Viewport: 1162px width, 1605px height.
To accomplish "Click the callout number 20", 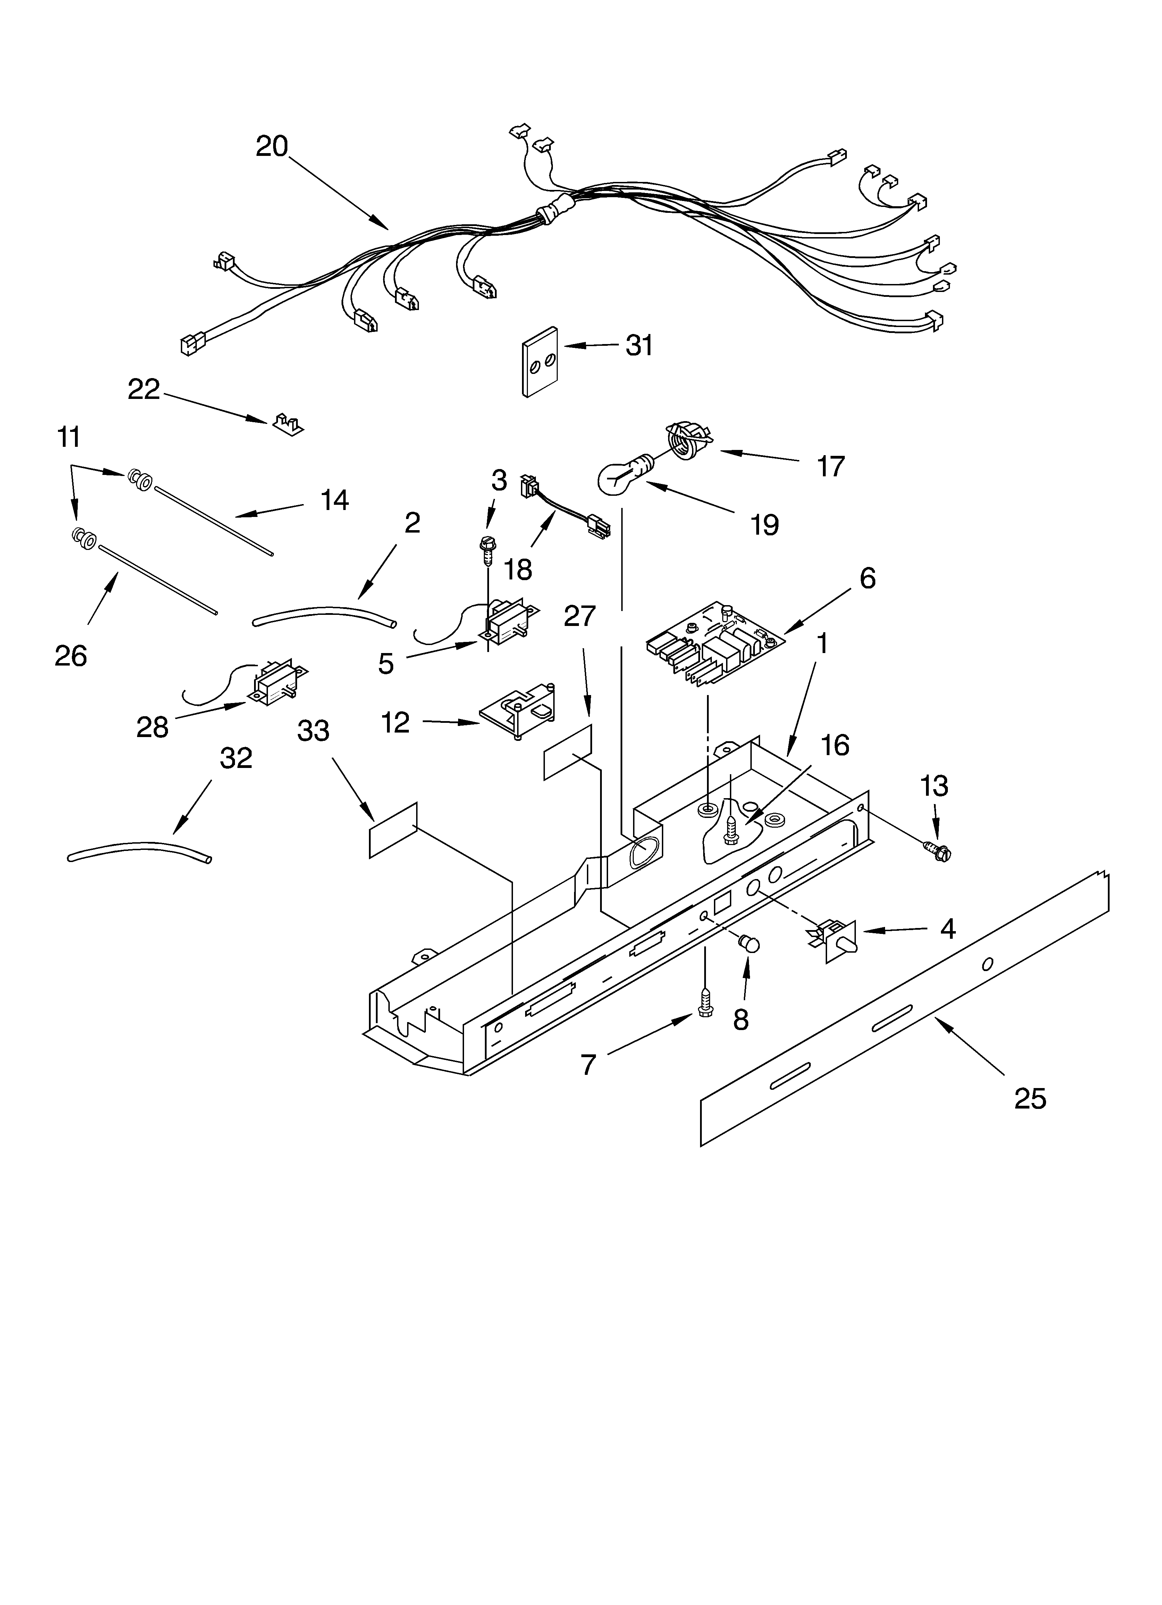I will click(x=272, y=147).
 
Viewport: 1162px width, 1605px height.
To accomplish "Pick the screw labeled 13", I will click(x=938, y=852).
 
